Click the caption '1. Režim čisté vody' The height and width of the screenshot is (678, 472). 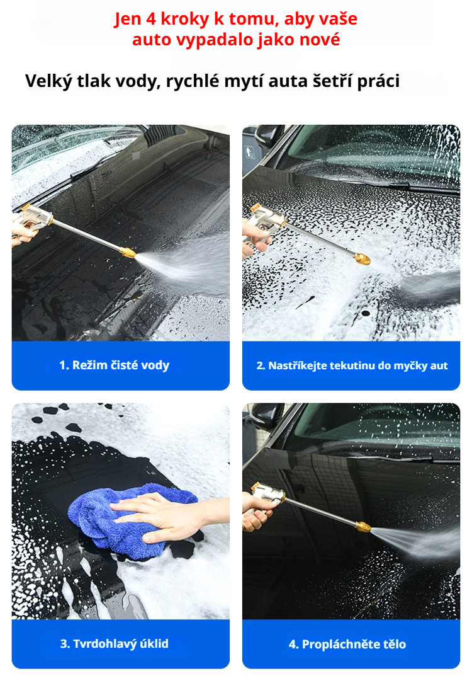(115, 365)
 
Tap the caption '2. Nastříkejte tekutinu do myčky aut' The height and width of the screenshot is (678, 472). (352, 366)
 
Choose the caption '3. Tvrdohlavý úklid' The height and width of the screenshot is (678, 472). (115, 644)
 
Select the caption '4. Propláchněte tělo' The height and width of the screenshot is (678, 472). (347, 644)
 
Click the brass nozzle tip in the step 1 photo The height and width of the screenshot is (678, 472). (127, 252)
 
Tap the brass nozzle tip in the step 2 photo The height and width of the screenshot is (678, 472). (362, 258)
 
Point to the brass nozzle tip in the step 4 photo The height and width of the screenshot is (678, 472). (362, 526)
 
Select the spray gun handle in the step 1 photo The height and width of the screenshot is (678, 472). (31, 221)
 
